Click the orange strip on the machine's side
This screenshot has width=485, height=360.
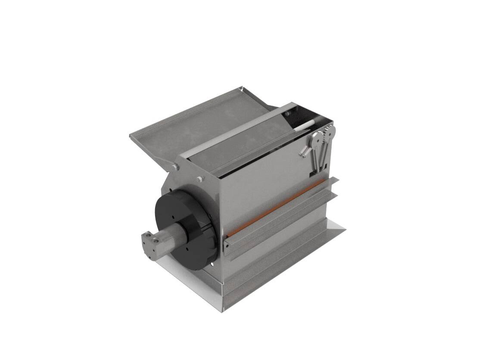pos(276,208)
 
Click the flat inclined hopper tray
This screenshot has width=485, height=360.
pos(190,125)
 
